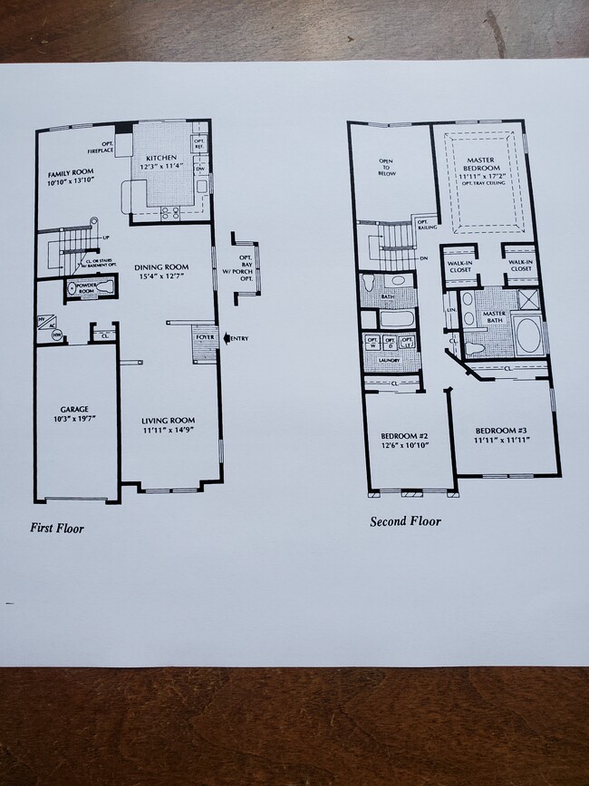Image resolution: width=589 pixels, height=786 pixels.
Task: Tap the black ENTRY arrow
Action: [227, 339]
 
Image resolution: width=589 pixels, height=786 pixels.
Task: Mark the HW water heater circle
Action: [43, 335]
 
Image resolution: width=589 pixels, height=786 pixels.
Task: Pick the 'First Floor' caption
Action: [57, 528]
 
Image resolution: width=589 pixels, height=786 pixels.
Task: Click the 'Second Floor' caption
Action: [405, 521]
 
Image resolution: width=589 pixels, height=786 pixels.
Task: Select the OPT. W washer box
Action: [372, 343]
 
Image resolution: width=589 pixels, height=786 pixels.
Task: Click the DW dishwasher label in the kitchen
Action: [199, 169]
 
